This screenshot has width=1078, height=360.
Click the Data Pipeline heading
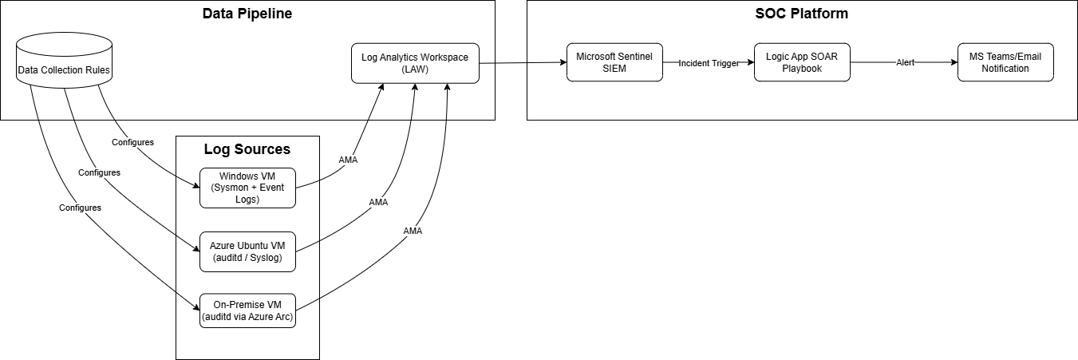[247, 14]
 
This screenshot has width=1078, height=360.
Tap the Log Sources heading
[247, 149]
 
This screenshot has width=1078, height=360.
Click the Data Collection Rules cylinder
[64, 69]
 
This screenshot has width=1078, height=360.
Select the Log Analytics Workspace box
[415, 63]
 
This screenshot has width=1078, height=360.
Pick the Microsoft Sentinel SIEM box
[614, 62]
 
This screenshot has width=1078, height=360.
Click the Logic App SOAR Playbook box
[802, 62]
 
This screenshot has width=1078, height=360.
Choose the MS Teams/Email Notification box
[1005, 62]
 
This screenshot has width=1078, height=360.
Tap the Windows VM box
[247, 188]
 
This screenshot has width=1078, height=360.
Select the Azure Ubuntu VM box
[247, 251]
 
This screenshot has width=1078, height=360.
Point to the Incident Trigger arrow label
[709, 63]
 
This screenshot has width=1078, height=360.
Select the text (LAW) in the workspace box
[415, 69]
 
